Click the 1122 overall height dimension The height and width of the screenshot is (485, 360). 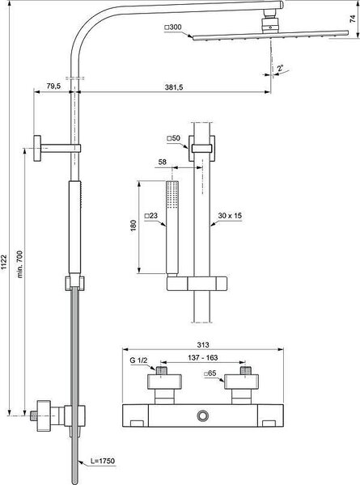[x=4, y=262]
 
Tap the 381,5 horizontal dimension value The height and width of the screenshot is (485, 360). [x=174, y=87]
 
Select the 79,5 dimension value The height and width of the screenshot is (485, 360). [x=53, y=86]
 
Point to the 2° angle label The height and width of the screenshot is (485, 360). [x=280, y=69]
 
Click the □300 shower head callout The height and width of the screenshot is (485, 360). [x=173, y=27]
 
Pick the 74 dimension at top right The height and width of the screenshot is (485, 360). [x=353, y=19]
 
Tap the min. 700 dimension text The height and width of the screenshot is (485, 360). [x=20, y=264]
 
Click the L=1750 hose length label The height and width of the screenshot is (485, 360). [x=103, y=461]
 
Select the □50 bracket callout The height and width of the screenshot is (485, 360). [x=173, y=138]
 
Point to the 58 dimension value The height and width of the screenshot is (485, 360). [x=162, y=162]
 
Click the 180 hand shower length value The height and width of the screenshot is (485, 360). [x=133, y=226]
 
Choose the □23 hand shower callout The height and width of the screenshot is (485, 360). [x=151, y=216]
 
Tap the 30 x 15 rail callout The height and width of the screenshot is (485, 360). [x=230, y=216]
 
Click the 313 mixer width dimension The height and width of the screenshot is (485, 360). [x=203, y=344]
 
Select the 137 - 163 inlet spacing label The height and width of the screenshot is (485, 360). [x=203, y=357]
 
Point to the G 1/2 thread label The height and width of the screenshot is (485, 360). [x=138, y=361]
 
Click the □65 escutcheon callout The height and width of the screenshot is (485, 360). [x=210, y=373]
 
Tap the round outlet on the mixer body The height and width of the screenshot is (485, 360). [x=203, y=415]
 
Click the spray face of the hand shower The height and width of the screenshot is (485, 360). [x=172, y=195]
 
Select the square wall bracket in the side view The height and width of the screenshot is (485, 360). [x=37, y=149]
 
